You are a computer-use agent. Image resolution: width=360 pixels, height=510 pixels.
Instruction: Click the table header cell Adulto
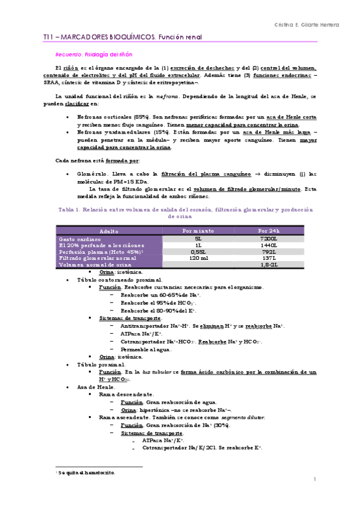[x=109, y=231]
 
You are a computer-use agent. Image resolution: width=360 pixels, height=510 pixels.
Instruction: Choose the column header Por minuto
[x=198, y=231]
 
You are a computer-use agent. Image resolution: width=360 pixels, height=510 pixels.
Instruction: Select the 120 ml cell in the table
[x=198, y=257]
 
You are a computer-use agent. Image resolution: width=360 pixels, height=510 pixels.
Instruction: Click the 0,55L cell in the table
[x=198, y=251]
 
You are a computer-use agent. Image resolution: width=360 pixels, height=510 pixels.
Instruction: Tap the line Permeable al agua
[x=146, y=348]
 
